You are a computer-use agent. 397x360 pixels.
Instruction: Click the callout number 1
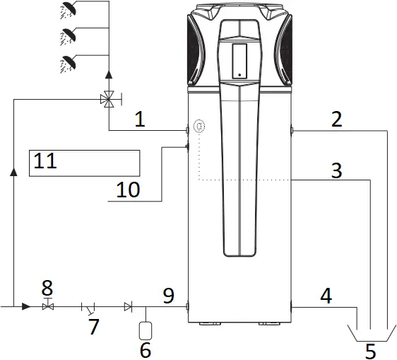pos(140,120)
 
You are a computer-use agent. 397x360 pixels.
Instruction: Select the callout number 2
pos(337,119)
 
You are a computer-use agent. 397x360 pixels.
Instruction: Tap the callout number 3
pos(337,170)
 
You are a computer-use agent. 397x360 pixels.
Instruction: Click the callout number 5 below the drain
pos(371,349)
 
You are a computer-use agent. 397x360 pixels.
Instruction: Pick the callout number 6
pos(146,349)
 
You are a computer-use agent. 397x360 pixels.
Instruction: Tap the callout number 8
pos(47,288)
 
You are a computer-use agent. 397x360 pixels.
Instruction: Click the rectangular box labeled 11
pos(84,163)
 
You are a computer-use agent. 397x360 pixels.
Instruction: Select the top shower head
pos(70,9)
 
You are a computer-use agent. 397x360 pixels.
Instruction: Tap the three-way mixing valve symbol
pos(108,100)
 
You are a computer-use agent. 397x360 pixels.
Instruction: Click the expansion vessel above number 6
pos(146,329)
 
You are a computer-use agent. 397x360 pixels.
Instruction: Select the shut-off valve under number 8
pos(47,306)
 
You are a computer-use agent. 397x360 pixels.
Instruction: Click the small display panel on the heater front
pos(239,60)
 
